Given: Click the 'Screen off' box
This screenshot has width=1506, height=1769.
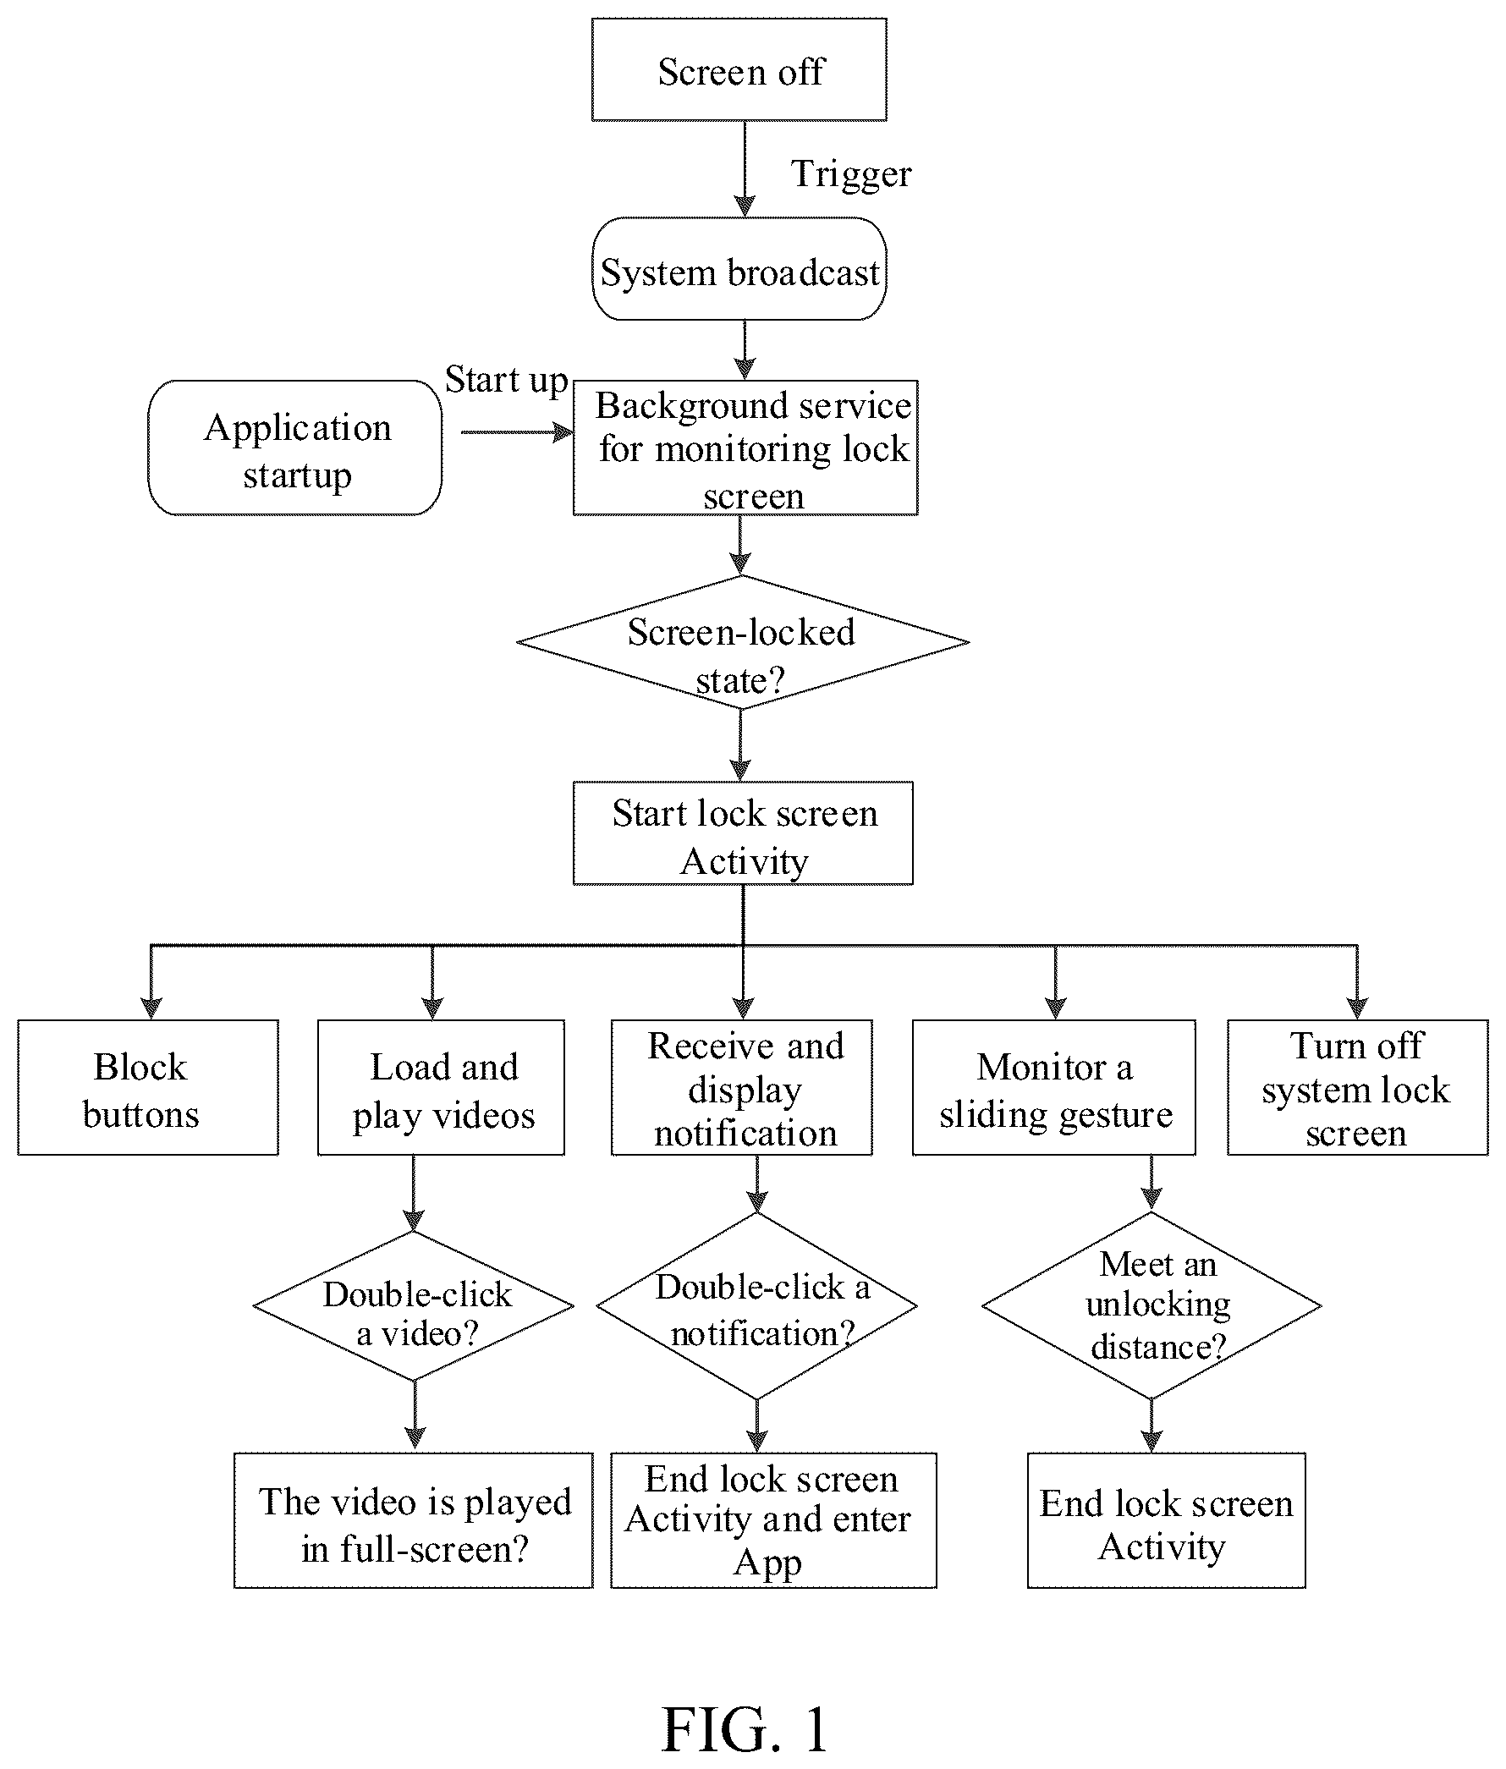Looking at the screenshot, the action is tap(739, 69).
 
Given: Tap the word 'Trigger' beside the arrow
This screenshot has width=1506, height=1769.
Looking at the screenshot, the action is tap(851, 175).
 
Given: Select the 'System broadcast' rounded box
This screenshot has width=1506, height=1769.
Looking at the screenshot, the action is tap(739, 269).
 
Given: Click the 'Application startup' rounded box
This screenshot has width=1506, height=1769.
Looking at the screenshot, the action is tap(295, 448).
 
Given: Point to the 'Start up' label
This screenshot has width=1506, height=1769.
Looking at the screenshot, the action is tap(506, 380).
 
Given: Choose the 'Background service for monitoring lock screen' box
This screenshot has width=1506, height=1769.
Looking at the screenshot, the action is tap(745, 448).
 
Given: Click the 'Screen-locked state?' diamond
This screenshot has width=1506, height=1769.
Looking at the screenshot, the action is tap(743, 642).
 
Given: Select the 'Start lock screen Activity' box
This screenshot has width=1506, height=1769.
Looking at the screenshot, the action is tap(743, 833).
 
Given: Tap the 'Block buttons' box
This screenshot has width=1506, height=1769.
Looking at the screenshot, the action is tap(149, 1088).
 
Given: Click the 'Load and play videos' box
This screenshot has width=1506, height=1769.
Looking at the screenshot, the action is tap(442, 1088).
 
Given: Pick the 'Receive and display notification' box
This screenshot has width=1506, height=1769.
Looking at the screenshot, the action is tap(742, 1088).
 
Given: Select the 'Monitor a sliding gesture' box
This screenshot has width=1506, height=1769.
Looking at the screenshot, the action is tap(1054, 1088).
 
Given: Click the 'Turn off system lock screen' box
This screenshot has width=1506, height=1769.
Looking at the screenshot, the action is tap(1357, 1088).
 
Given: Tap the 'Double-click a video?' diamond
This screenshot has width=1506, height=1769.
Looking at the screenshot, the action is tap(414, 1305).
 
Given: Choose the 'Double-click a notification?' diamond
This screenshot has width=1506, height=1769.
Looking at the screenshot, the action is tap(757, 1305).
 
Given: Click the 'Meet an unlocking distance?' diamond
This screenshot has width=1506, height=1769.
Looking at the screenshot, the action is tap(1151, 1305).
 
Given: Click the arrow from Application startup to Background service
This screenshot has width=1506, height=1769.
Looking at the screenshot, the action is tap(517, 432).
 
